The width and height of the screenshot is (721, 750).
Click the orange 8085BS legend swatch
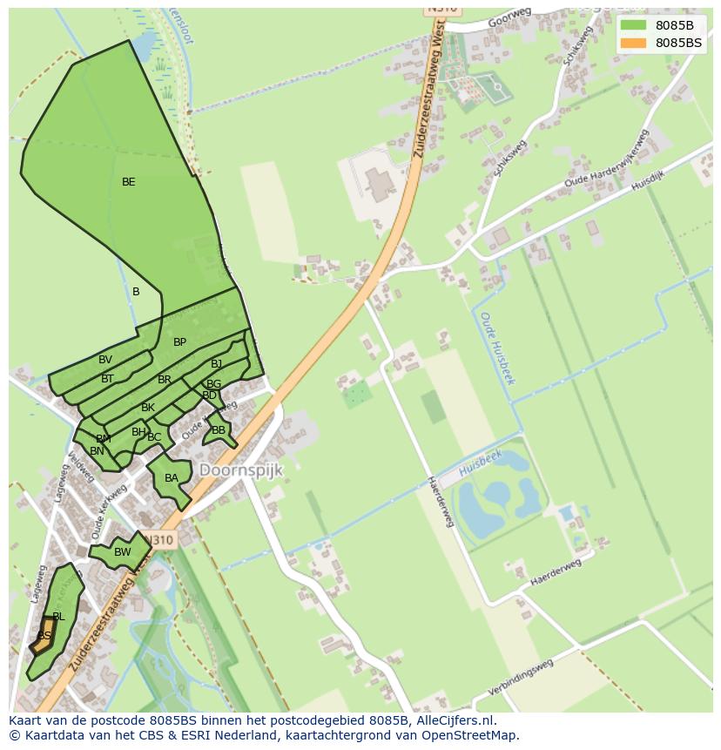click(x=633, y=43)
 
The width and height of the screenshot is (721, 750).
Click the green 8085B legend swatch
click(x=633, y=25)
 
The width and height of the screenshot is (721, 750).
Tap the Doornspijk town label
click(x=241, y=470)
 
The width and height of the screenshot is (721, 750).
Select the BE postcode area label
click(x=129, y=182)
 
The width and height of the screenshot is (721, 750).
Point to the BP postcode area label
click(x=179, y=342)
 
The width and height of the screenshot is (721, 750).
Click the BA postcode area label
click(x=172, y=478)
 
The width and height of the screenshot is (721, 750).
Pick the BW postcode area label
click(x=123, y=551)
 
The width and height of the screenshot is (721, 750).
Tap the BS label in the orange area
click(x=44, y=636)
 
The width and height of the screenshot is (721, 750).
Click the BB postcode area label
click(x=219, y=430)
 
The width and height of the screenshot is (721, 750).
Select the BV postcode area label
click(x=105, y=360)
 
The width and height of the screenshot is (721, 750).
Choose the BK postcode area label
click(x=148, y=408)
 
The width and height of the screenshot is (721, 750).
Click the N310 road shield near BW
click(x=162, y=540)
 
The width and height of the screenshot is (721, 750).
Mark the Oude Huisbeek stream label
click(x=497, y=348)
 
